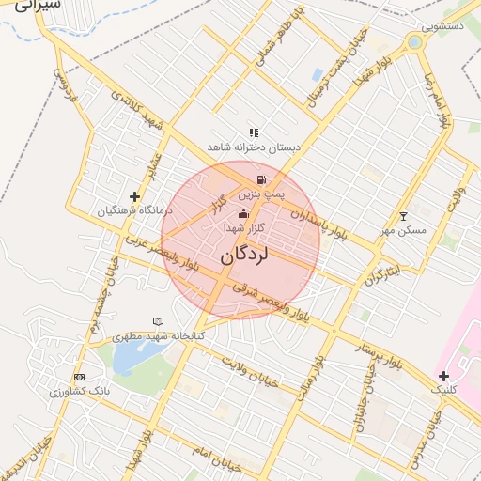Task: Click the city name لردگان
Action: [244, 256]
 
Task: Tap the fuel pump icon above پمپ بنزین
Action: [259, 178]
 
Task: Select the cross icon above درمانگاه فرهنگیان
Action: [135, 197]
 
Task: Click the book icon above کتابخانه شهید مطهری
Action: [158, 322]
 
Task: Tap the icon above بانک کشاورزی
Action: [79, 377]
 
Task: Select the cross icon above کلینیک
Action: [444, 376]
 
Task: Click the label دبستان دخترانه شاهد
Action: [253, 147]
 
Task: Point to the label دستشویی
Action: [442, 26]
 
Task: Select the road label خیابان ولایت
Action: [253, 373]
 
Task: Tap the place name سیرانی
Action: [39, 5]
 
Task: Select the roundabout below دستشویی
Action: [414, 42]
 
